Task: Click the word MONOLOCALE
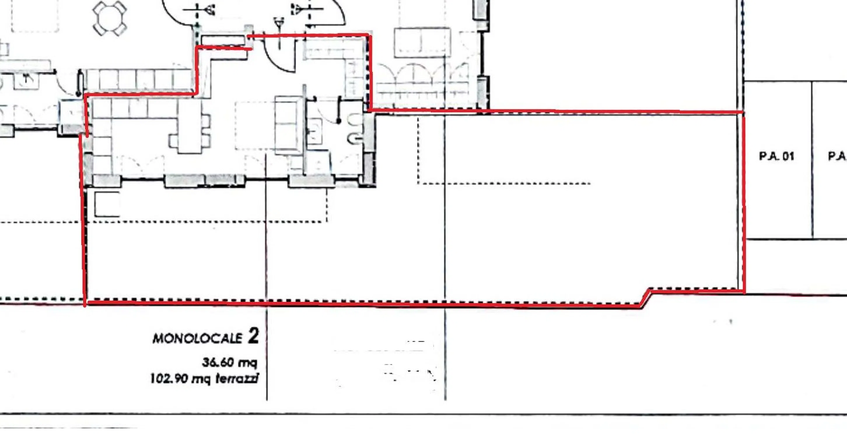197,338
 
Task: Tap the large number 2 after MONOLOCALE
253,336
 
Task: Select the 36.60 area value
218,362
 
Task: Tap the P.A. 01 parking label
776,156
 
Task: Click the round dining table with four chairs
109,18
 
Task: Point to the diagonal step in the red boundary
646,298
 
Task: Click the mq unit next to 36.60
247,363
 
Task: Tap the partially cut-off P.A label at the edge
837,156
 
